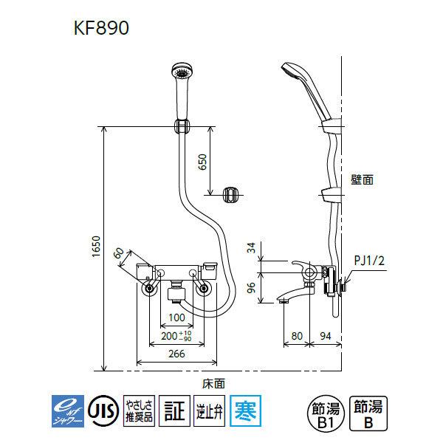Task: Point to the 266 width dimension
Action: point(176,354)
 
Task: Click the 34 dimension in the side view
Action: point(252,249)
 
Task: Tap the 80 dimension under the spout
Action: point(297,334)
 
